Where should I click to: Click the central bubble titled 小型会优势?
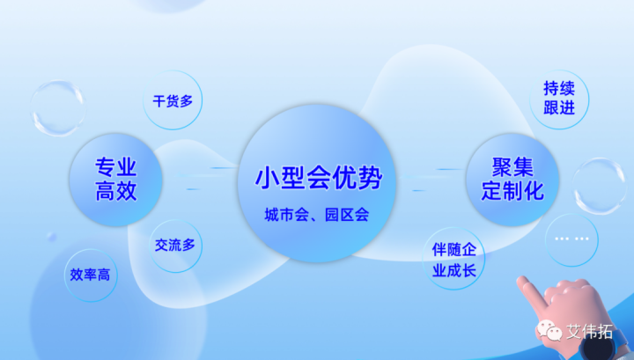tap(318, 185)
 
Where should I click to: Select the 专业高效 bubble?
tap(116, 179)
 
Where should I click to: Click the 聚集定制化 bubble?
tap(512, 179)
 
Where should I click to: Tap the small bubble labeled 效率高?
tap(91, 274)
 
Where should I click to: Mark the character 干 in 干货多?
tap(158, 100)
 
